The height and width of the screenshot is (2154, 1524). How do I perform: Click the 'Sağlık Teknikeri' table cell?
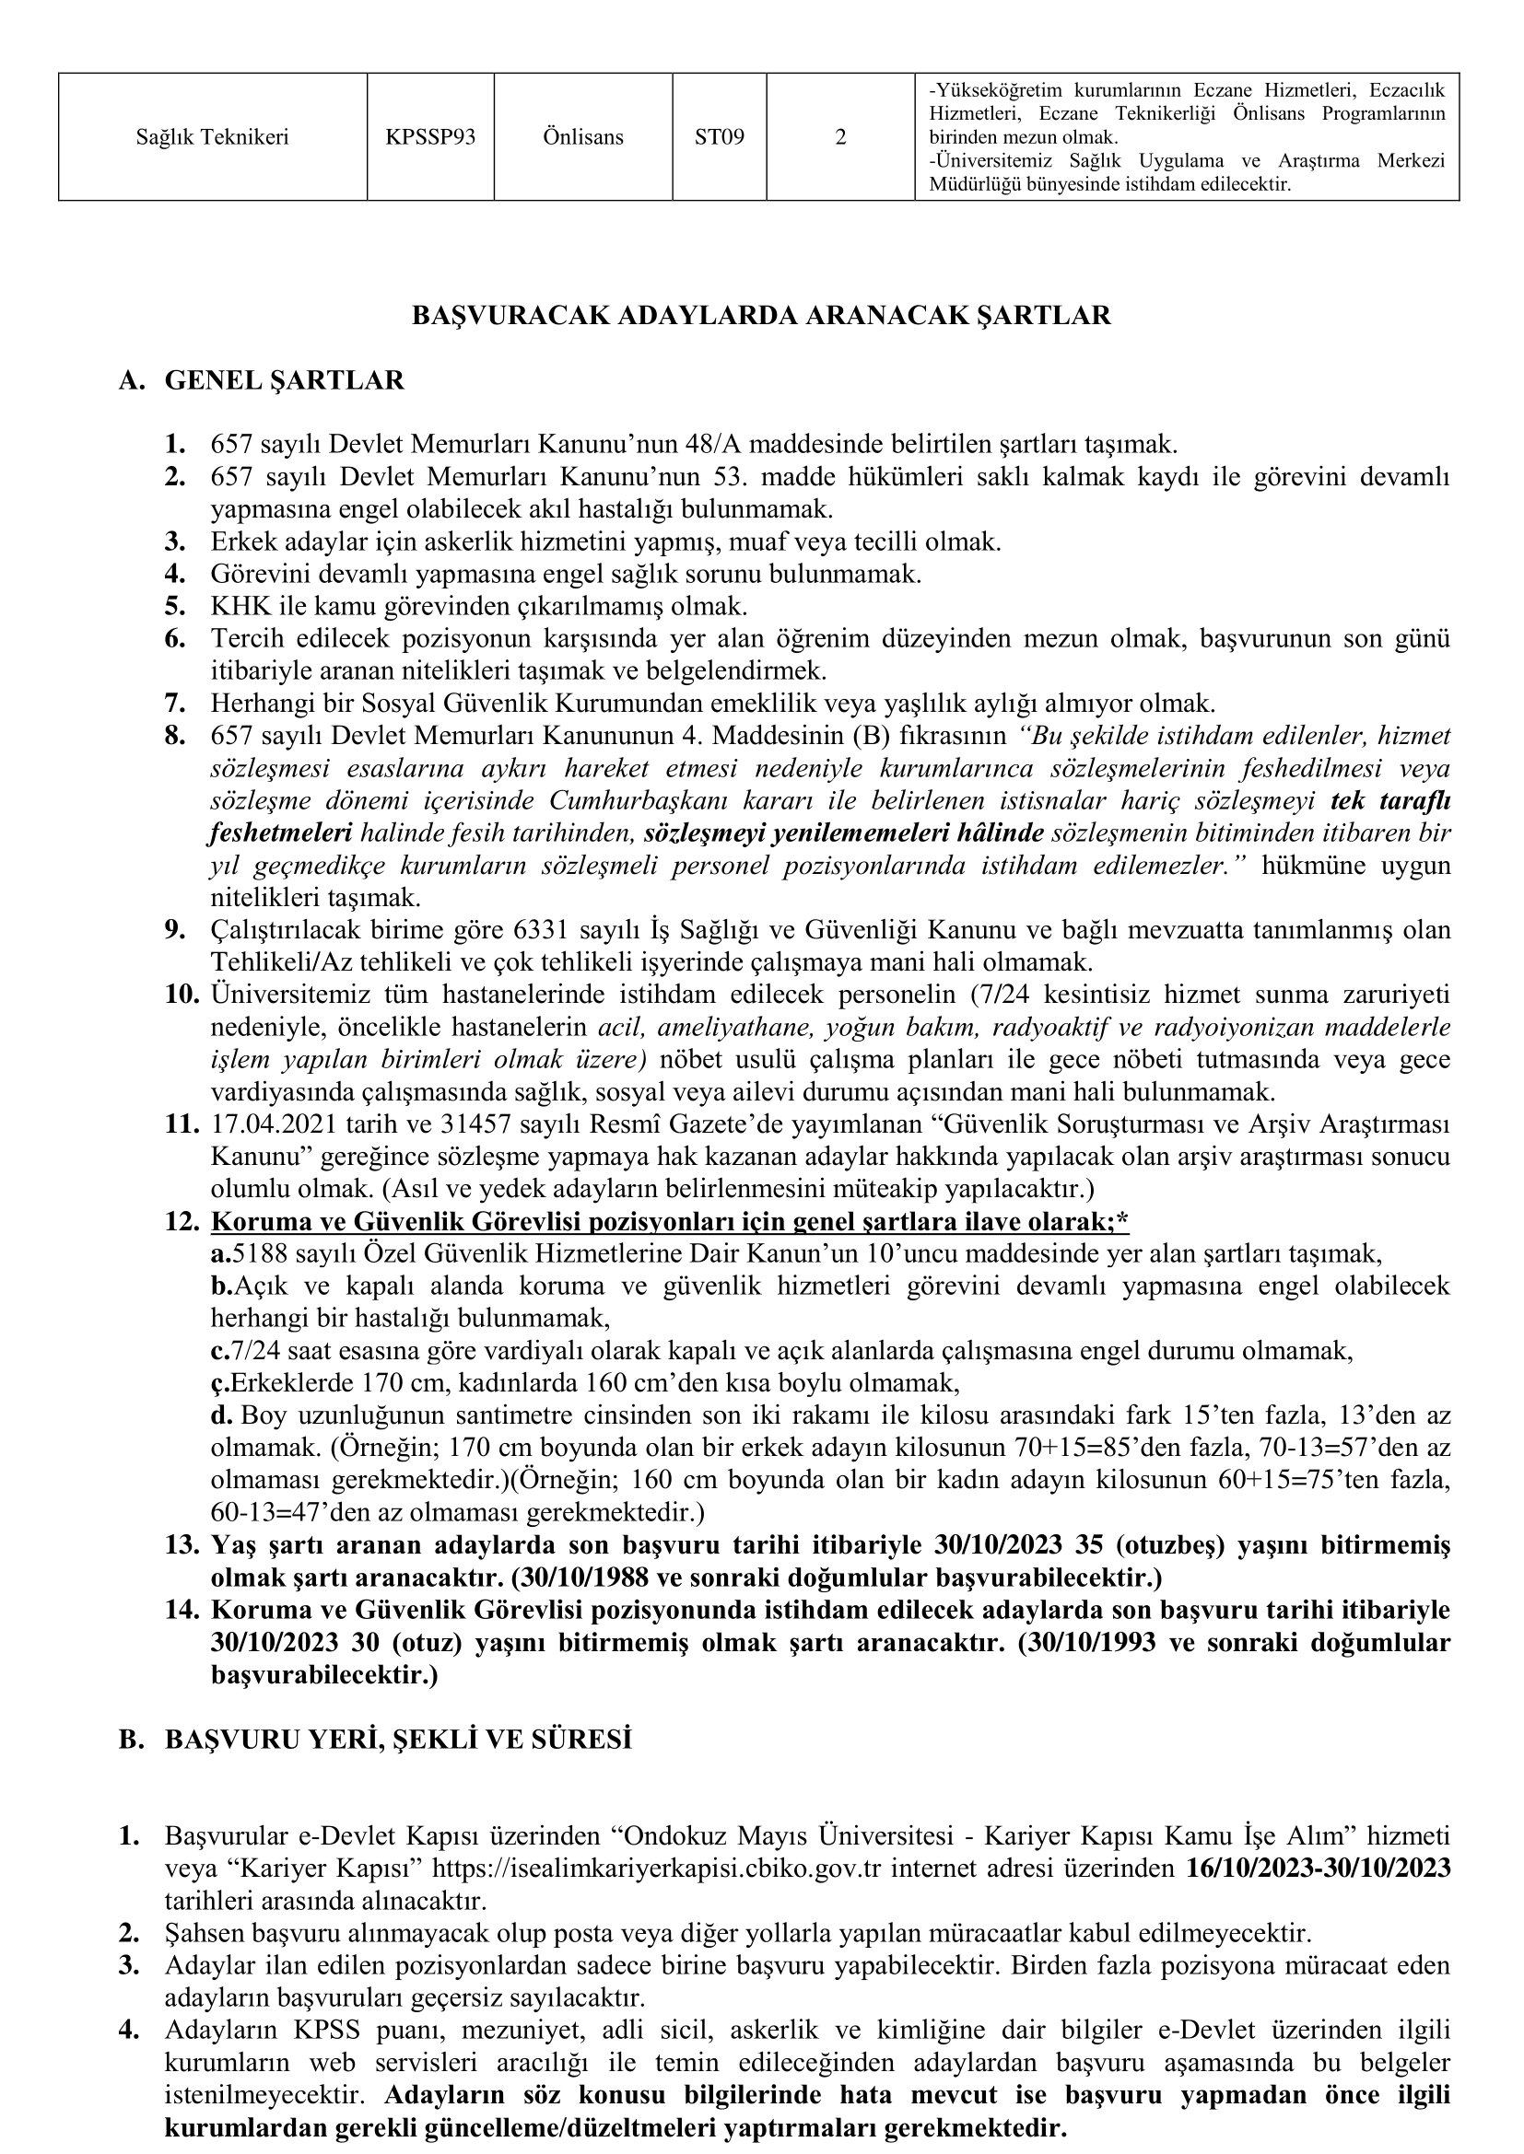212,137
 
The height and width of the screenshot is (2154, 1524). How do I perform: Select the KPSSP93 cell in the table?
429,137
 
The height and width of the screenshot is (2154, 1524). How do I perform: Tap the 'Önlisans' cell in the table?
582,137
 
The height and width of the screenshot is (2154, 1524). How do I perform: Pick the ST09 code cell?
719,137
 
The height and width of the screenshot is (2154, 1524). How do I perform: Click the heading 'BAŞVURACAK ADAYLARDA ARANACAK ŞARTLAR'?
761,315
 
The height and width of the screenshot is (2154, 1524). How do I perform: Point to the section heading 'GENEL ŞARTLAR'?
285,381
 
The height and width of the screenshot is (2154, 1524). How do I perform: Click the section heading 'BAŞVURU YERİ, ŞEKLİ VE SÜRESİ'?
398,1740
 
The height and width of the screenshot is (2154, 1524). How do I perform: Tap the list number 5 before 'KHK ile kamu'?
174,606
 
